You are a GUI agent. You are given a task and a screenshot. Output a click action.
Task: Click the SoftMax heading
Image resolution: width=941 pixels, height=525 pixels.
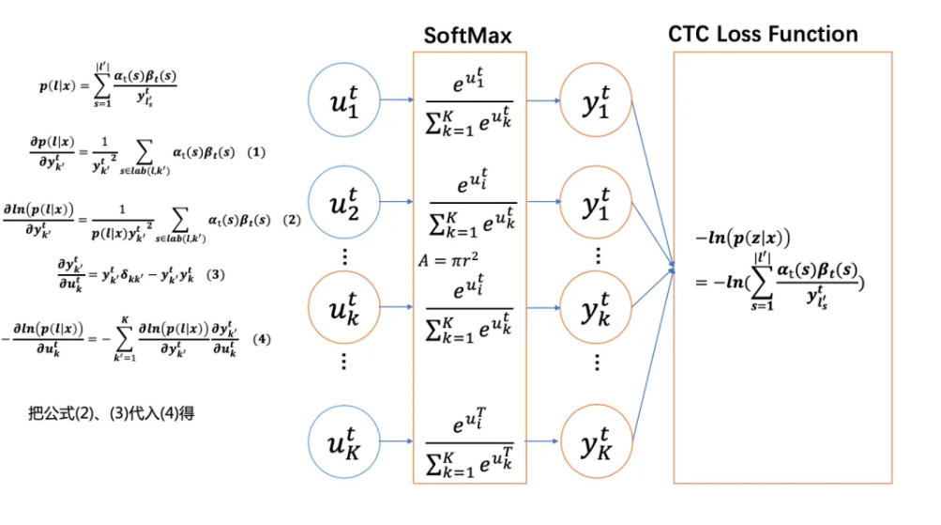coord(468,36)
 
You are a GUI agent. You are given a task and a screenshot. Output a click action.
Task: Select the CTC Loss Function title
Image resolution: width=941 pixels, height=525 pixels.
coord(763,35)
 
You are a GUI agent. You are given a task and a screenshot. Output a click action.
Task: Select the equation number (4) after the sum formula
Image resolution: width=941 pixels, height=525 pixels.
coord(262,338)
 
